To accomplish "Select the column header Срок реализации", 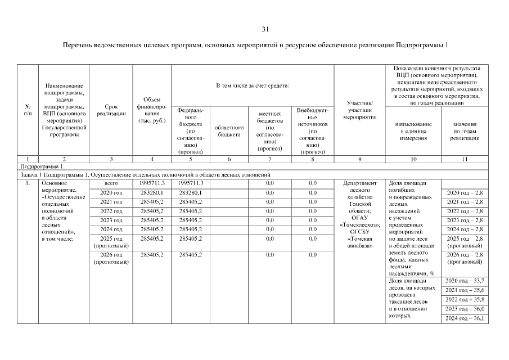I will (111, 110).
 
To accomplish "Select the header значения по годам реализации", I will (465, 130).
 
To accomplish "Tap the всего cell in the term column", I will (111, 183).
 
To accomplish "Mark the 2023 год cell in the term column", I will (111, 220).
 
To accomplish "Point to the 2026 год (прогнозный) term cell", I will (111, 258).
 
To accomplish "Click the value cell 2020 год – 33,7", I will (465, 281).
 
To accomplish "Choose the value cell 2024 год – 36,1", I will (465, 319).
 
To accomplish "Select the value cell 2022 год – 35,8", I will (465, 300).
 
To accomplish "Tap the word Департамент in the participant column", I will (359, 183).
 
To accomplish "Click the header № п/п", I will (28, 110).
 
